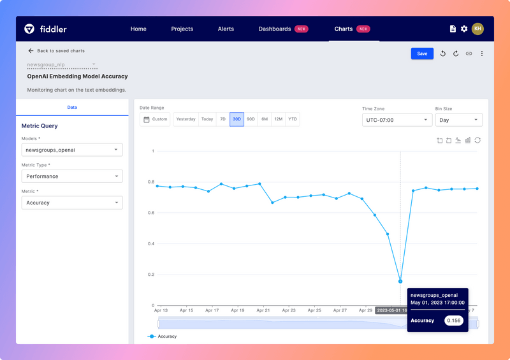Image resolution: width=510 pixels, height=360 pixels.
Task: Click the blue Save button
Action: (422, 54)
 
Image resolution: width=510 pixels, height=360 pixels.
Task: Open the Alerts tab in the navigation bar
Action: (226, 29)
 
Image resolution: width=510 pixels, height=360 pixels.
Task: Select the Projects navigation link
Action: (182, 29)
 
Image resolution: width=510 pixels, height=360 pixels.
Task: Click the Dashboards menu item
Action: (275, 29)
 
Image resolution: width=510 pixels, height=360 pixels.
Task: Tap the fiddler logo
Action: (45, 29)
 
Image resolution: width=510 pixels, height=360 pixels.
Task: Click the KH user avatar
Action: (477, 29)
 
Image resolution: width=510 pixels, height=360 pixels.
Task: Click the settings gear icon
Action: (464, 29)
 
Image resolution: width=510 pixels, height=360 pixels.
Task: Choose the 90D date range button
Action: (251, 119)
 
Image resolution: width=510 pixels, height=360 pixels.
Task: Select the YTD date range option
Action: (292, 119)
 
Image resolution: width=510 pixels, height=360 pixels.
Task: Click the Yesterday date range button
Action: (186, 119)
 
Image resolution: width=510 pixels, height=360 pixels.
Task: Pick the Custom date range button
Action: (155, 119)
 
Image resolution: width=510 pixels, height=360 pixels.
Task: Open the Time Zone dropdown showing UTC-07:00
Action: (397, 120)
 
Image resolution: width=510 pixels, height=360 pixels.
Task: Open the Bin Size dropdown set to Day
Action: (459, 120)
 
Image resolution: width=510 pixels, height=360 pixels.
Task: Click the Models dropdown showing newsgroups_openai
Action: (72, 150)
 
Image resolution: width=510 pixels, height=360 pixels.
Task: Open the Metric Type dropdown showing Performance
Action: (72, 176)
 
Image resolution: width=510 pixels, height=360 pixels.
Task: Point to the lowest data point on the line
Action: (400, 281)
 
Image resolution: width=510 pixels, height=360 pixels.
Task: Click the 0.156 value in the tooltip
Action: (454, 320)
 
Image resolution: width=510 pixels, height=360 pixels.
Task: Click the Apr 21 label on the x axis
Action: (263, 310)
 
